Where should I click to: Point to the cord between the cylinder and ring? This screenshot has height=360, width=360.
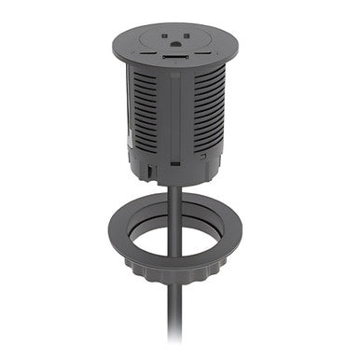coord(176,201)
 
